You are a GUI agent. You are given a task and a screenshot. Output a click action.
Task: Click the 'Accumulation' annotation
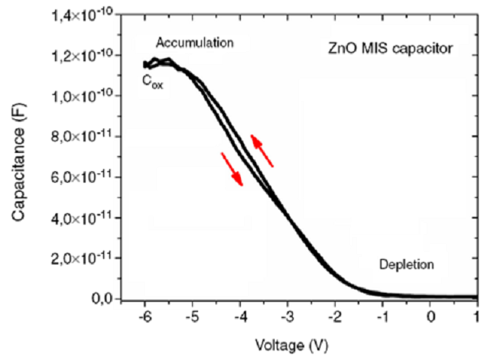coord(194,42)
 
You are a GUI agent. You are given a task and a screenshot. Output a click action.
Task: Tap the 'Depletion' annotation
coord(406,265)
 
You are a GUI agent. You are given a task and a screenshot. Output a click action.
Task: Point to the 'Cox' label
coord(152,82)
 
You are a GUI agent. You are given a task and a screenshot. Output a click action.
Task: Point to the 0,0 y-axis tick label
coord(102,299)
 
